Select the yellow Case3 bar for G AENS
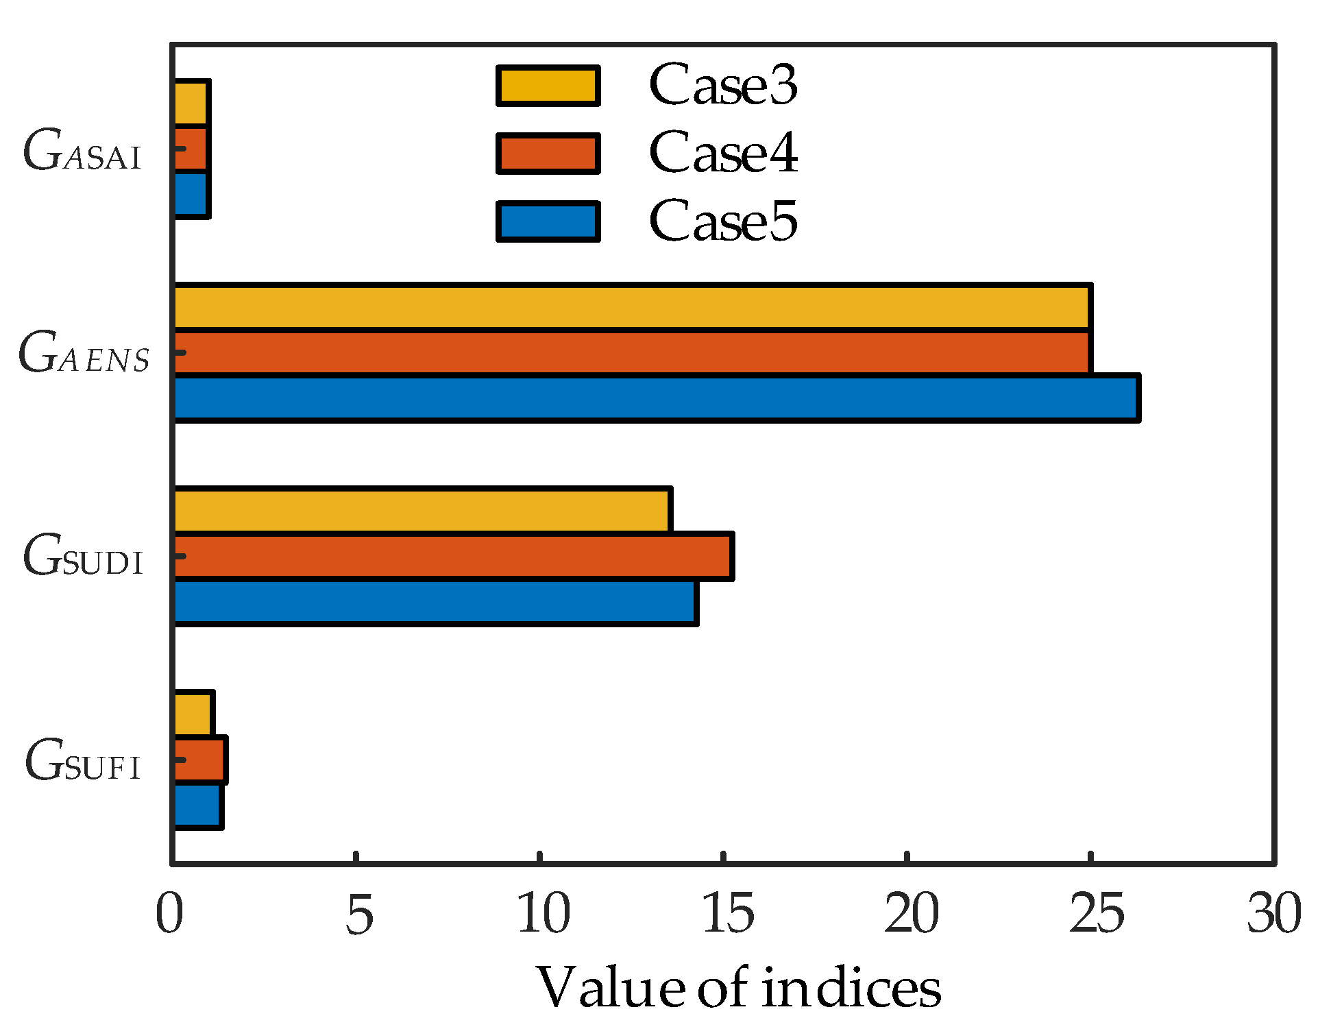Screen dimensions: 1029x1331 (x=631, y=307)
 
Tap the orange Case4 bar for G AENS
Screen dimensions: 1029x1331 (x=631, y=352)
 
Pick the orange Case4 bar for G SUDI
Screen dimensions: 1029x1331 (x=452, y=556)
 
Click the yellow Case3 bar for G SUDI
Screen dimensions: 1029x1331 (x=422, y=510)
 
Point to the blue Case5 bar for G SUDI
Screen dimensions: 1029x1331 (x=435, y=602)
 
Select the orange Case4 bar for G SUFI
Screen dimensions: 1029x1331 (x=199, y=760)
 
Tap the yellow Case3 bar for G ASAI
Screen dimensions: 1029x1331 (x=191, y=104)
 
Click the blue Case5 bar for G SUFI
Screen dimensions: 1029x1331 (x=197, y=806)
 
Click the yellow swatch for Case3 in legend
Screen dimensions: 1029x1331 (x=548, y=86)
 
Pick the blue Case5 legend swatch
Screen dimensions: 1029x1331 (x=548, y=221)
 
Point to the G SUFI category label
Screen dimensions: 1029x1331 (x=82, y=761)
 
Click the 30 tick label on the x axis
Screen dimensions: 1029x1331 (x=1273, y=914)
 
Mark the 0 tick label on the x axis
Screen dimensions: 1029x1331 (x=170, y=914)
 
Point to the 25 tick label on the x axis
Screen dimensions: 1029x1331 (x=1095, y=914)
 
